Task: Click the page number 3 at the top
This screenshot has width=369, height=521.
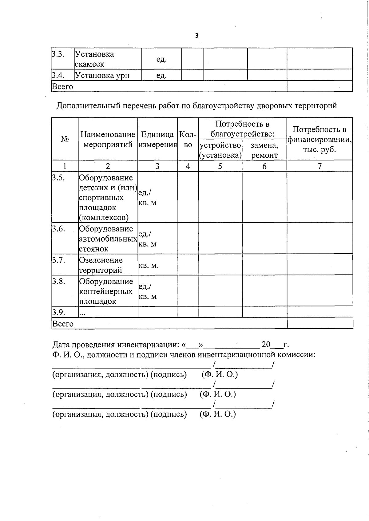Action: tap(197, 36)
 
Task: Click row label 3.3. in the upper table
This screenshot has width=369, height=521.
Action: tap(58, 54)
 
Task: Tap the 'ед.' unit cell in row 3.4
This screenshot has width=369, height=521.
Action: tap(161, 75)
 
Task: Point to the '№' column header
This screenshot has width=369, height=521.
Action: tap(65, 139)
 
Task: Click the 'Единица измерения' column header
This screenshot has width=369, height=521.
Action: tap(157, 139)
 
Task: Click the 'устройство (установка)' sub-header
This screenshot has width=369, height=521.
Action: tap(220, 150)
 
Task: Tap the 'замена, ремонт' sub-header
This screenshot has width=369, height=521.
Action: tap(264, 150)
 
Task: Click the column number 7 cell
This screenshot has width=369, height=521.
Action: tap(319, 166)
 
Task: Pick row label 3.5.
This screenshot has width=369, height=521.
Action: tap(58, 178)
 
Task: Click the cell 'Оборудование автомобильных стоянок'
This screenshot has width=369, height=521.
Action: tap(108, 239)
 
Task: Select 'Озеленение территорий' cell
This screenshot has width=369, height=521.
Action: tap(101, 265)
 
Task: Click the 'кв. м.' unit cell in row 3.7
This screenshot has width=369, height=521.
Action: tap(149, 265)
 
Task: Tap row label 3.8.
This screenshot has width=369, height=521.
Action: tap(58, 281)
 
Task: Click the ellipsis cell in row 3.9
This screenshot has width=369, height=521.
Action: tap(82, 313)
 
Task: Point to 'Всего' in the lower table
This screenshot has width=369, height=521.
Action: tap(63, 324)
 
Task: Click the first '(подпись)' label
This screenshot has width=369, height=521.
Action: tap(169, 374)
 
